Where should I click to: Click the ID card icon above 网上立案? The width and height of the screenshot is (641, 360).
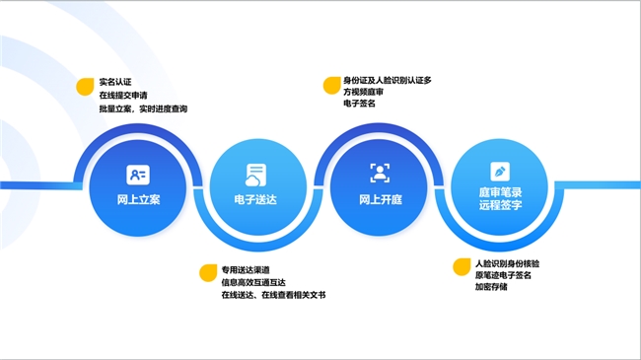[x=137, y=175]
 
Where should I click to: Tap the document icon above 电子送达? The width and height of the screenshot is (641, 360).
[x=256, y=175]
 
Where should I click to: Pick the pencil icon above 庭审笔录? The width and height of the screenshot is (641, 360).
[x=499, y=172]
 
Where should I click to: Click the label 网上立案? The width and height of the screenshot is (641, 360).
[x=137, y=199]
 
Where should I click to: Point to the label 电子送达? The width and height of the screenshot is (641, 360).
[x=256, y=199]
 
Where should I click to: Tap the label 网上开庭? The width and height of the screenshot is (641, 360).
[x=380, y=199]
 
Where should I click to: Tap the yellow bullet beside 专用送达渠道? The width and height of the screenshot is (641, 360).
[x=208, y=272]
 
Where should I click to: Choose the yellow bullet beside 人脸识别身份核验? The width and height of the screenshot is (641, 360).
[x=461, y=267]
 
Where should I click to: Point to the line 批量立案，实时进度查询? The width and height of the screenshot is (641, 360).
[x=142, y=108]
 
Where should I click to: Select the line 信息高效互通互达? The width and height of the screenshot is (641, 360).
[x=253, y=282]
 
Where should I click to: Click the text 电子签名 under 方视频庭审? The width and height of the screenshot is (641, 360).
[x=360, y=103]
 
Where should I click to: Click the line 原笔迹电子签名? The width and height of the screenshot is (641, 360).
[x=504, y=277]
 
